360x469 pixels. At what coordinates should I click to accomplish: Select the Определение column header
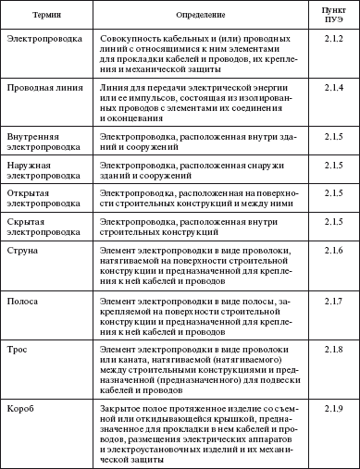202,17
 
